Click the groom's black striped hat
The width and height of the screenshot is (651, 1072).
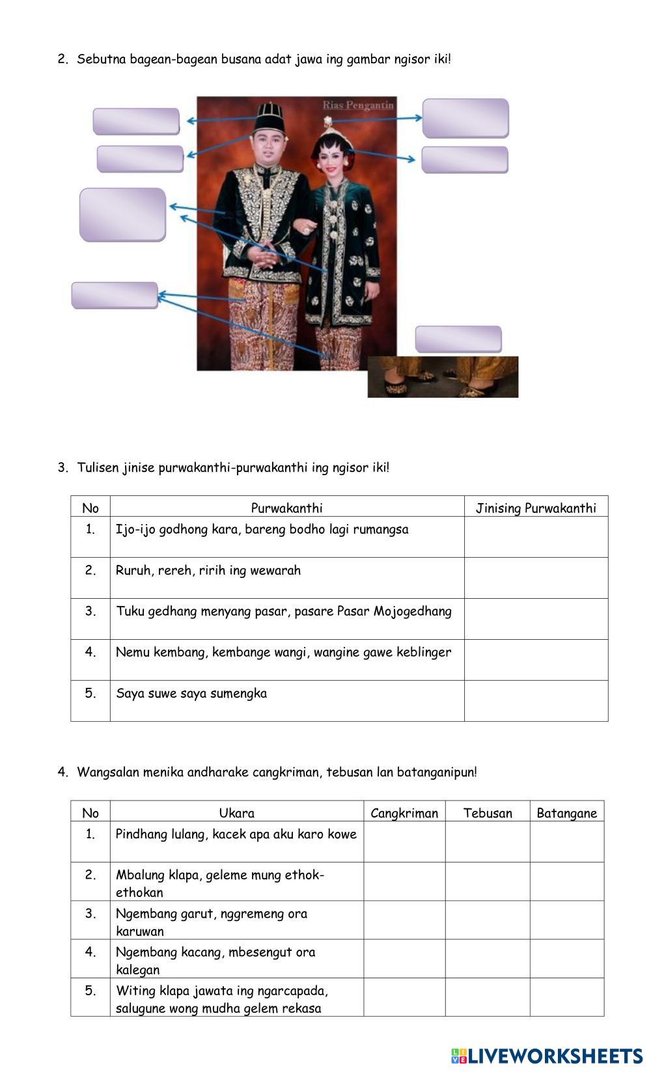(x=270, y=118)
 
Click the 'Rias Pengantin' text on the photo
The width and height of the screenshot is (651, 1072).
(x=358, y=105)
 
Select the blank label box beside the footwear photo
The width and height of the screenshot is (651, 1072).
(x=458, y=339)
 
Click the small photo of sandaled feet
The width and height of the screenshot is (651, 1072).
(x=443, y=377)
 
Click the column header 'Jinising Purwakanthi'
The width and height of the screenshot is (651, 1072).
(x=536, y=508)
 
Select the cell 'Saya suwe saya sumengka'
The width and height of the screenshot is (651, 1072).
(x=191, y=693)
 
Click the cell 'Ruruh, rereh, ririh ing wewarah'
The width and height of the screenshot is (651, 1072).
(x=208, y=571)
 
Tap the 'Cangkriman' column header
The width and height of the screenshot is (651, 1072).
(x=404, y=813)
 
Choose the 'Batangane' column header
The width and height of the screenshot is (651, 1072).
(x=566, y=813)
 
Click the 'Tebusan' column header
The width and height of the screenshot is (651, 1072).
(x=488, y=813)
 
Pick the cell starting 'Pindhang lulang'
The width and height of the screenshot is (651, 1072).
(x=236, y=834)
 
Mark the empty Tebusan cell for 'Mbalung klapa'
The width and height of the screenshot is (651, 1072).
(x=488, y=882)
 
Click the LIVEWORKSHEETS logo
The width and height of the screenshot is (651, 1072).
(x=546, y=1056)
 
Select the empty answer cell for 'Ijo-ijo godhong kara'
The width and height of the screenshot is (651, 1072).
(x=536, y=537)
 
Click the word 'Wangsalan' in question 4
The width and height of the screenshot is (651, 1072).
(x=108, y=773)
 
